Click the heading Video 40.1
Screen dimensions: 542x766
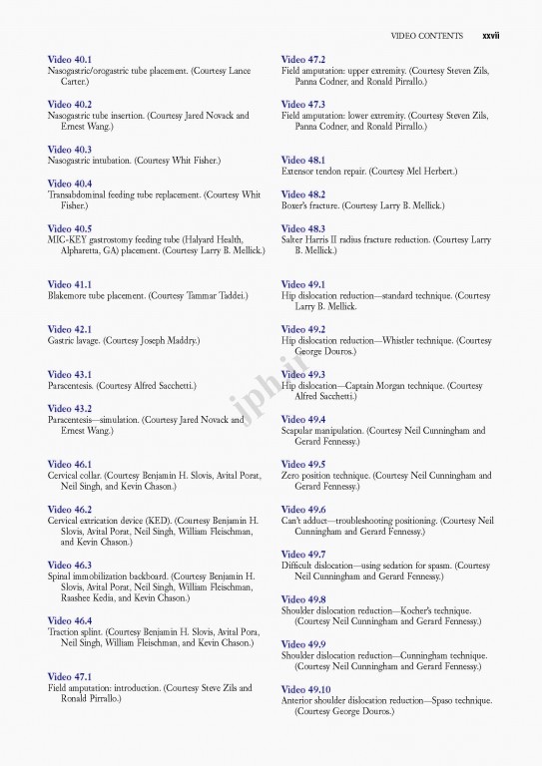pos(70,60)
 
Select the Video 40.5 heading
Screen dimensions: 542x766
pos(70,228)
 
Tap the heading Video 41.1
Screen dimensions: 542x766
pos(70,284)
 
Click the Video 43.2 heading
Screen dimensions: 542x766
pos(70,408)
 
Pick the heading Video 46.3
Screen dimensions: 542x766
pos(70,565)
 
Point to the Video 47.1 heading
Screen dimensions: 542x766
pos(70,676)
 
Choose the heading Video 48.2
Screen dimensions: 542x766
pos(303,194)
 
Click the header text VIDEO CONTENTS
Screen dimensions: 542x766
pos(427,36)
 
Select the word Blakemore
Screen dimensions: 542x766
pos(71,296)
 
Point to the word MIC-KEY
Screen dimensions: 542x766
pos(68,239)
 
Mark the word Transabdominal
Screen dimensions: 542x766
pos(82,194)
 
